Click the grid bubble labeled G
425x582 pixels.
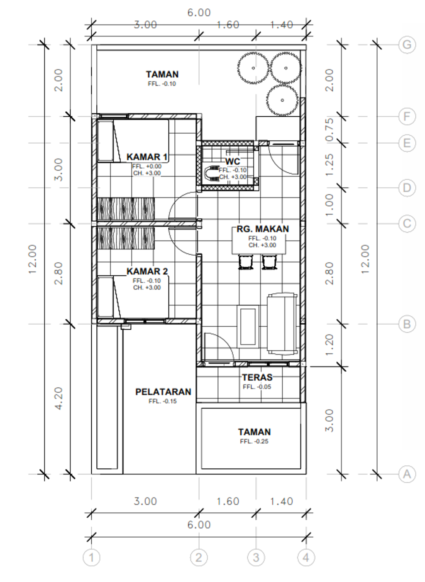click(407, 45)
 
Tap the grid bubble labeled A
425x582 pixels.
click(407, 474)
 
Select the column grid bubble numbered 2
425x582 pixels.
click(199, 558)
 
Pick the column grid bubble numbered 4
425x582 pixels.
click(306, 558)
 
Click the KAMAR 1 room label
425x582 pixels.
click(147, 157)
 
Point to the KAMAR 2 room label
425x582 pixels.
click(147, 271)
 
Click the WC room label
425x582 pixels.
click(232, 161)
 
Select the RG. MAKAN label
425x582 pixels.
click(263, 229)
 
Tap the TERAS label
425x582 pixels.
click(257, 377)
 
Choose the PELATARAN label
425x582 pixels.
click(163, 392)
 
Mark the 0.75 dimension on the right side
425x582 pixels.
click(329, 130)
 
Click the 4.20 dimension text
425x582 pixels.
click(59, 399)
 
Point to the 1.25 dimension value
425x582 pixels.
click(329, 165)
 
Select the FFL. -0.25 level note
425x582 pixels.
click(254, 441)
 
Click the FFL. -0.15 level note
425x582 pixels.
click(163, 401)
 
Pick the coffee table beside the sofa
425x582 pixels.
click(248, 326)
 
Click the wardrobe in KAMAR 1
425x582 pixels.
click(126, 209)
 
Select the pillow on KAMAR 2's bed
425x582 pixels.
click(105, 297)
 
